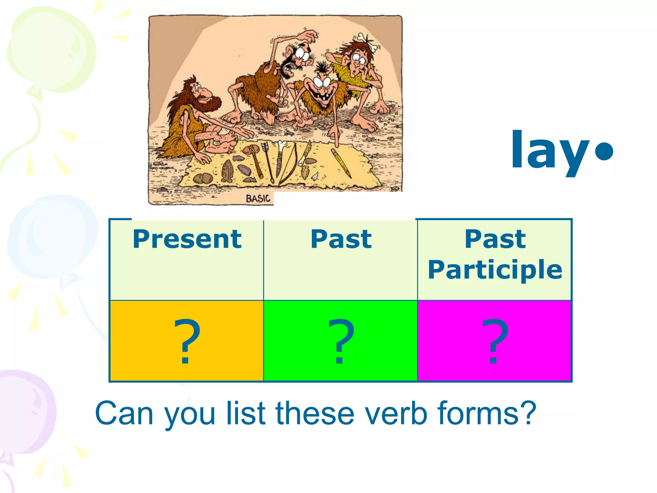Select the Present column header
coord(187,239)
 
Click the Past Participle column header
coord(495,254)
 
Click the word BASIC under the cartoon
coord(258,199)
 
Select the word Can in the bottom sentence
coord(124,414)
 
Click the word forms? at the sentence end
coord(486,414)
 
